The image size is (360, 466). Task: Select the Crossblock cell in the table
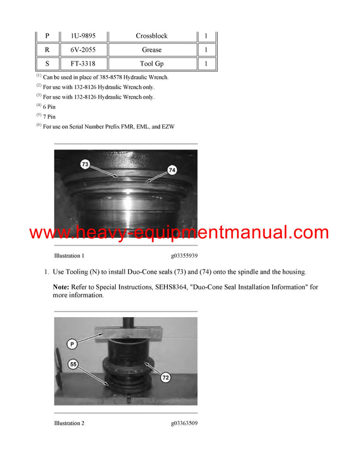click(151, 36)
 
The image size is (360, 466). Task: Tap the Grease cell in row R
click(151, 50)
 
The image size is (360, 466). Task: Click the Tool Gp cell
click(151, 63)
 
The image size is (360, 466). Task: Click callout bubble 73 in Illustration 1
click(85, 165)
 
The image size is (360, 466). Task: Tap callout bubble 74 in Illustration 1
click(172, 171)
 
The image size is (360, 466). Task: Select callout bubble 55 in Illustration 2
click(74, 364)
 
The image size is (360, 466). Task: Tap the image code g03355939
click(184, 255)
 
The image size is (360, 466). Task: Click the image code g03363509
click(184, 423)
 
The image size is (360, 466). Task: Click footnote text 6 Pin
click(49, 107)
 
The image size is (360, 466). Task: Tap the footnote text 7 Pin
click(49, 116)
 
